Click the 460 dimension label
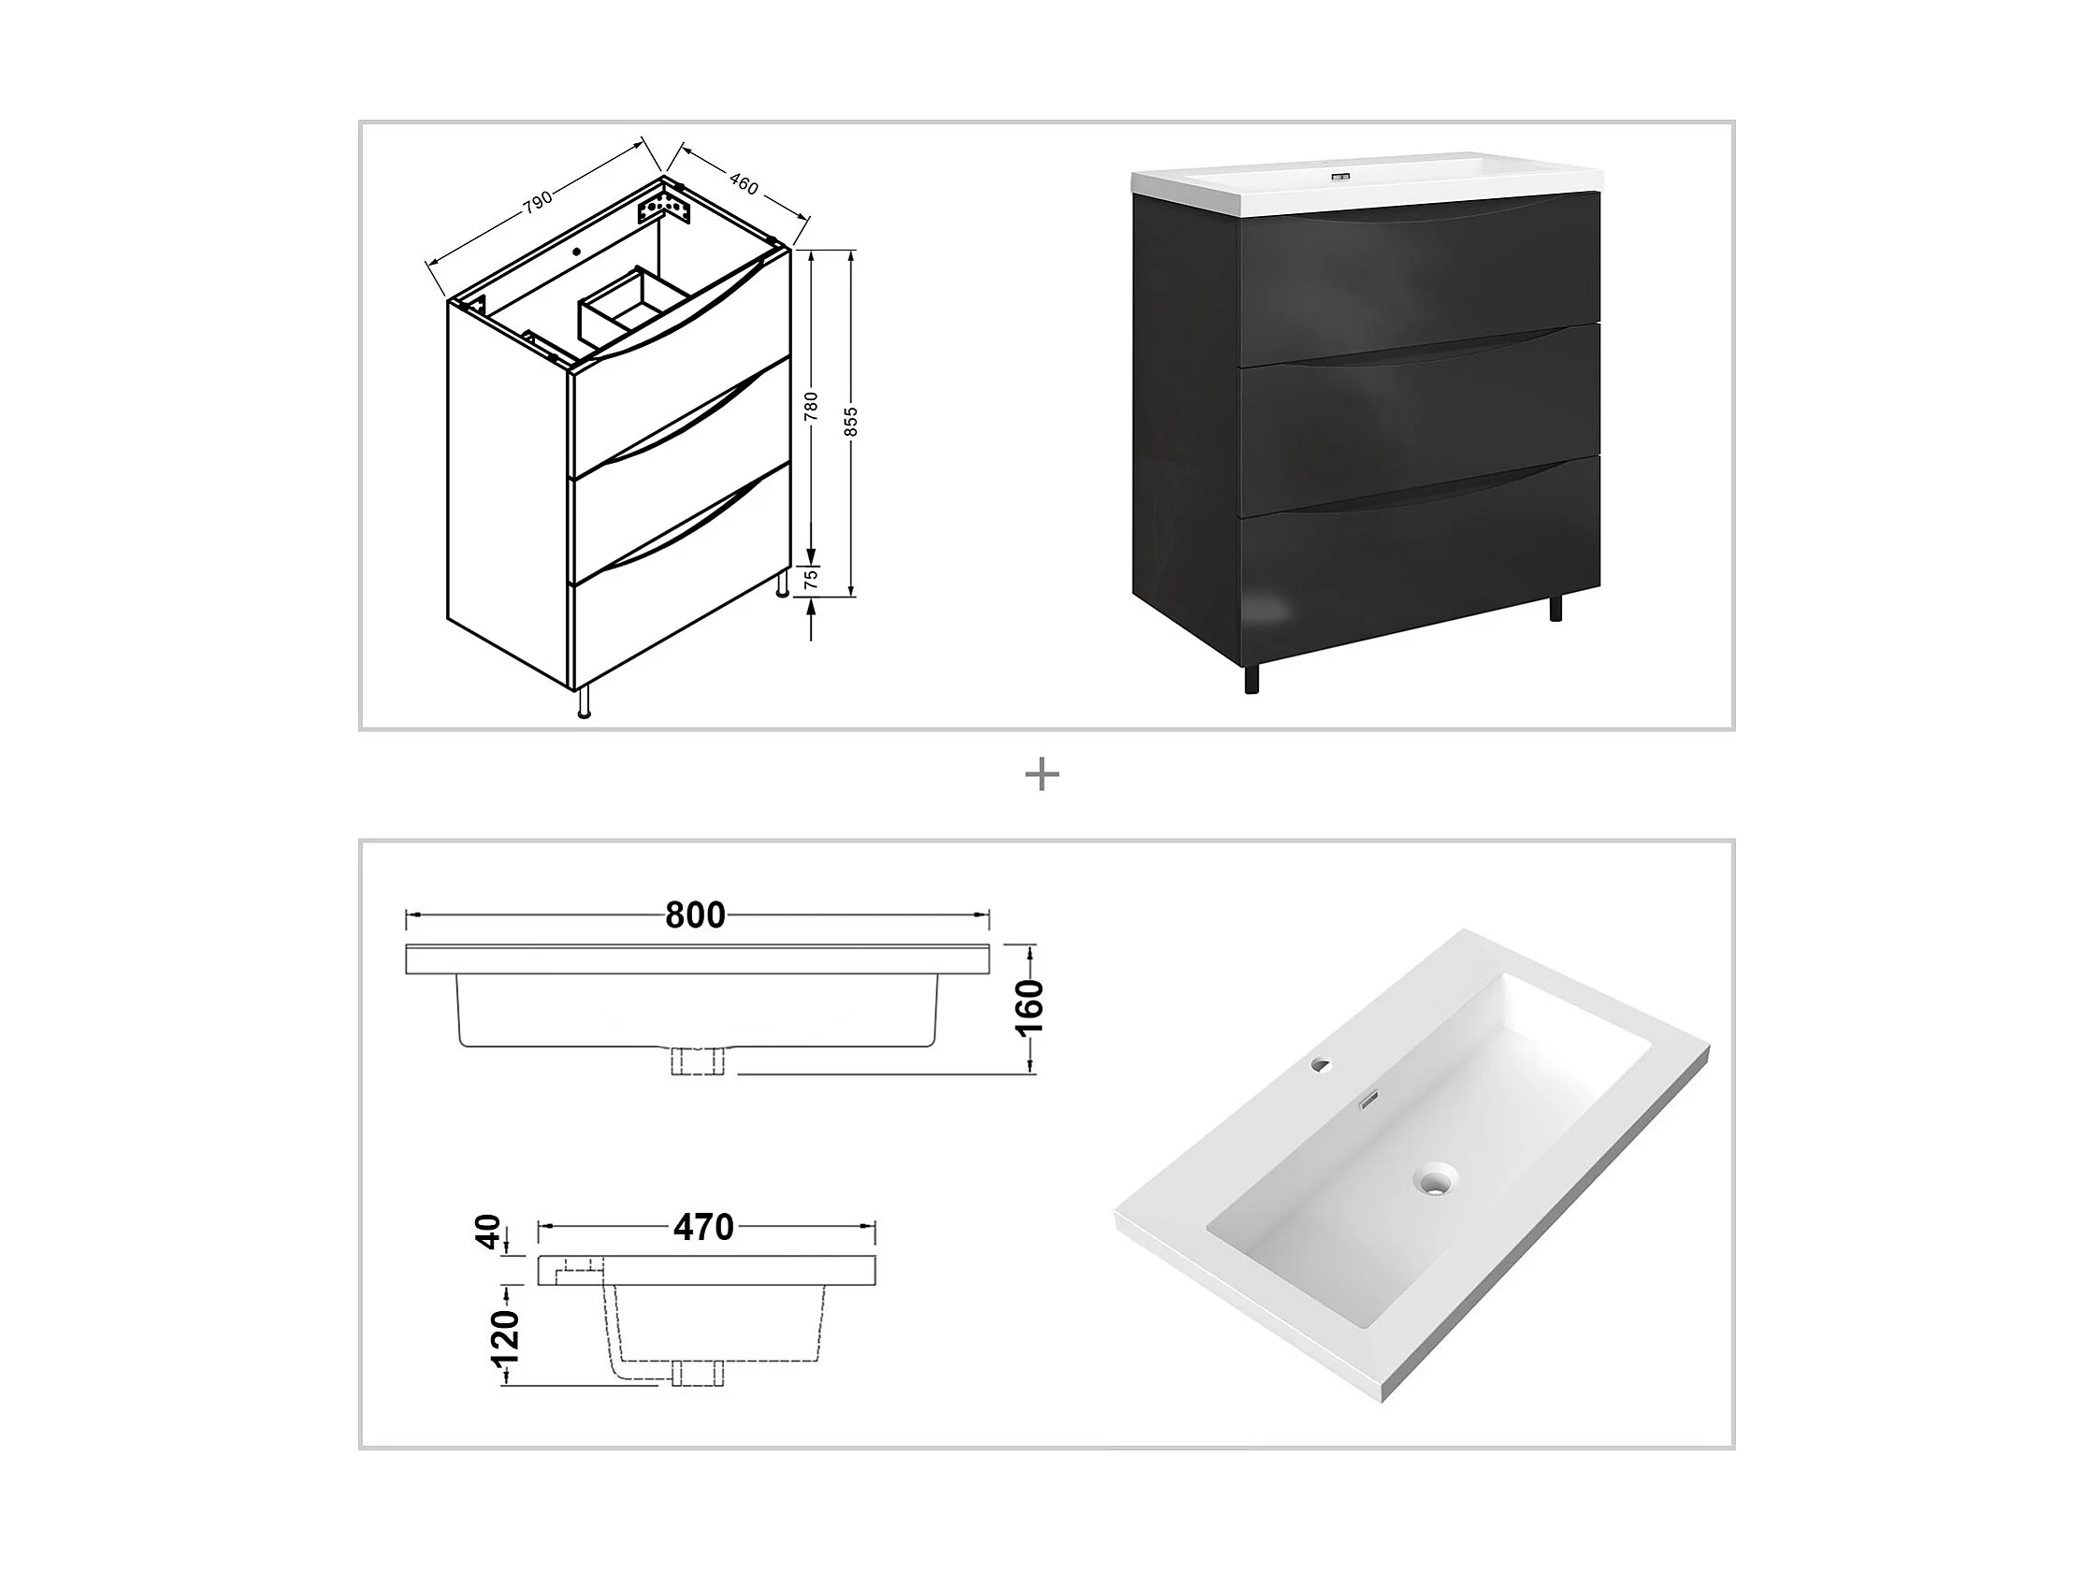coord(744,185)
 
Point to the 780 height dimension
coord(811,406)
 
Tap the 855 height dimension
coord(851,423)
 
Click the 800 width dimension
coord(696,915)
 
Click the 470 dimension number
coord(703,1228)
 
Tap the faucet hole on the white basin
coord(1320,1065)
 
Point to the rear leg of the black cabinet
coord(1556,605)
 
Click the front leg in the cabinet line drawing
coord(584,702)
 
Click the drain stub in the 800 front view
coord(698,1060)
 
